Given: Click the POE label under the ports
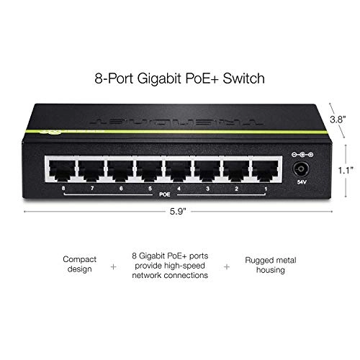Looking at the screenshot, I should click(x=166, y=193).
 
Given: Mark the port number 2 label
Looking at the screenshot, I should click(x=237, y=189).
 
